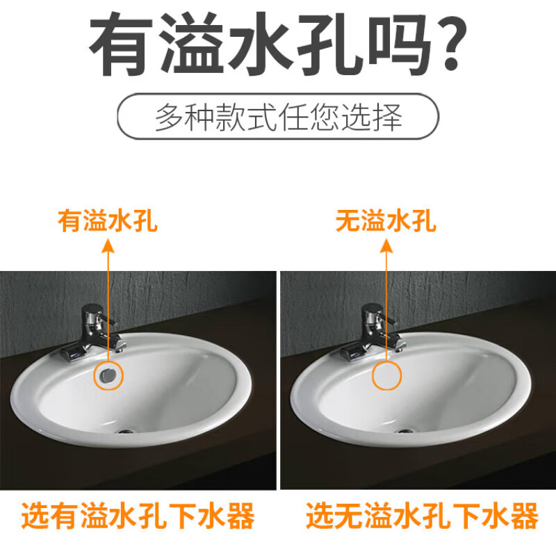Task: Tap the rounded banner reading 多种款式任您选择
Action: click(278, 117)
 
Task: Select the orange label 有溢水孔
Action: click(107, 222)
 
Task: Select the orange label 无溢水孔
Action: click(386, 222)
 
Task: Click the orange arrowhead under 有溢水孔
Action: click(107, 244)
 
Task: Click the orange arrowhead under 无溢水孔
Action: click(386, 244)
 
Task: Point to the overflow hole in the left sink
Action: click(107, 375)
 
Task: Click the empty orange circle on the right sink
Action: click(386, 375)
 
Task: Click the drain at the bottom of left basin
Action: click(125, 431)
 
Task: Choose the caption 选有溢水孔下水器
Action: click(138, 517)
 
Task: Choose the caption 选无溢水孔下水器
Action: click(422, 517)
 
